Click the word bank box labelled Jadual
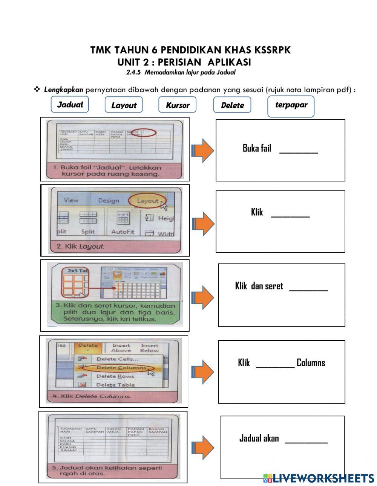[x=70, y=104]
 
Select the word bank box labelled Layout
[x=124, y=105]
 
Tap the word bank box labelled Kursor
[x=177, y=105]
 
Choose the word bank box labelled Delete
[x=232, y=105]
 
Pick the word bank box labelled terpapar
[x=291, y=105]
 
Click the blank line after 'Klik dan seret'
[x=308, y=288]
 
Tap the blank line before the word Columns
[x=275, y=365]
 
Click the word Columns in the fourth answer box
[x=311, y=363]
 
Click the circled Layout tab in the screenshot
[x=147, y=201]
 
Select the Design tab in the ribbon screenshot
[x=109, y=201]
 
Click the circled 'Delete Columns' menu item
[x=121, y=367]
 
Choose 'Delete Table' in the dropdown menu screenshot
[x=115, y=385]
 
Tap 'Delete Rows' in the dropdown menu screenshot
[x=115, y=376]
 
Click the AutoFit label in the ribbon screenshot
[x=123, y=232]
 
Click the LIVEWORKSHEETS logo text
[x=323, y=478]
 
